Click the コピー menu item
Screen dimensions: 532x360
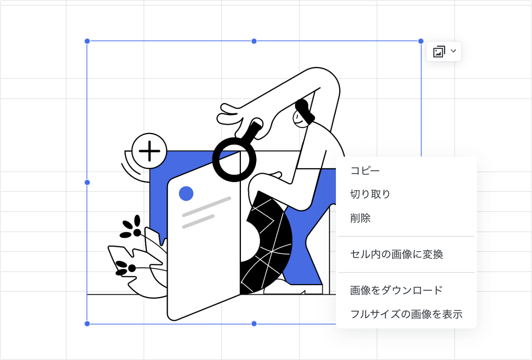365,171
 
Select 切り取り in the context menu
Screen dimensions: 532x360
370,194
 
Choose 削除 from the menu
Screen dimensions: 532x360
360,218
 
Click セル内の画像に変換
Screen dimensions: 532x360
397,254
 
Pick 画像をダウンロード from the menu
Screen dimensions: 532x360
396,290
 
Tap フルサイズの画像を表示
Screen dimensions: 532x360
406,314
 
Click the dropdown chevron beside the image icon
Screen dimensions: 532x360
453,51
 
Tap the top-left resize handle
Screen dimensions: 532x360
87,42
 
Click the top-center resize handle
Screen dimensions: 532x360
254,42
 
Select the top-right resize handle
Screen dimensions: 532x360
421,42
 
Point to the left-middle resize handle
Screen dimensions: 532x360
87,182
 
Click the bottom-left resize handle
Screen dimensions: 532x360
87,324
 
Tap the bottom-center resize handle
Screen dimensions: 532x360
254,324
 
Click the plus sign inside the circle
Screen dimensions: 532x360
149,151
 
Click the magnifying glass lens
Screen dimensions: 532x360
234,159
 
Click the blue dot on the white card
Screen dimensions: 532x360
186,194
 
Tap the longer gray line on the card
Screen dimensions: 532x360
207,207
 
